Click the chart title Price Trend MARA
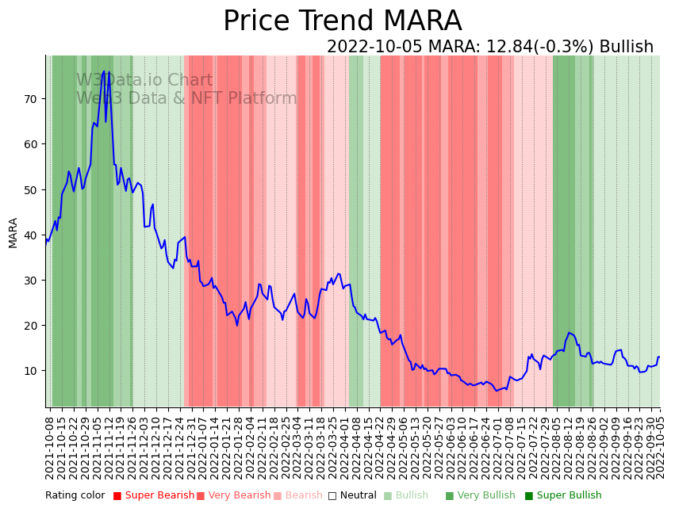tap(342, 21)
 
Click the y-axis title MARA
tap(13, 233)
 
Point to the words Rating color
tap(75, 496)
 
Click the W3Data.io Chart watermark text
tap(144, 81)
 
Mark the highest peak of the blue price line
tap(104, 71)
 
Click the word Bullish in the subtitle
tap(627, 48)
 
